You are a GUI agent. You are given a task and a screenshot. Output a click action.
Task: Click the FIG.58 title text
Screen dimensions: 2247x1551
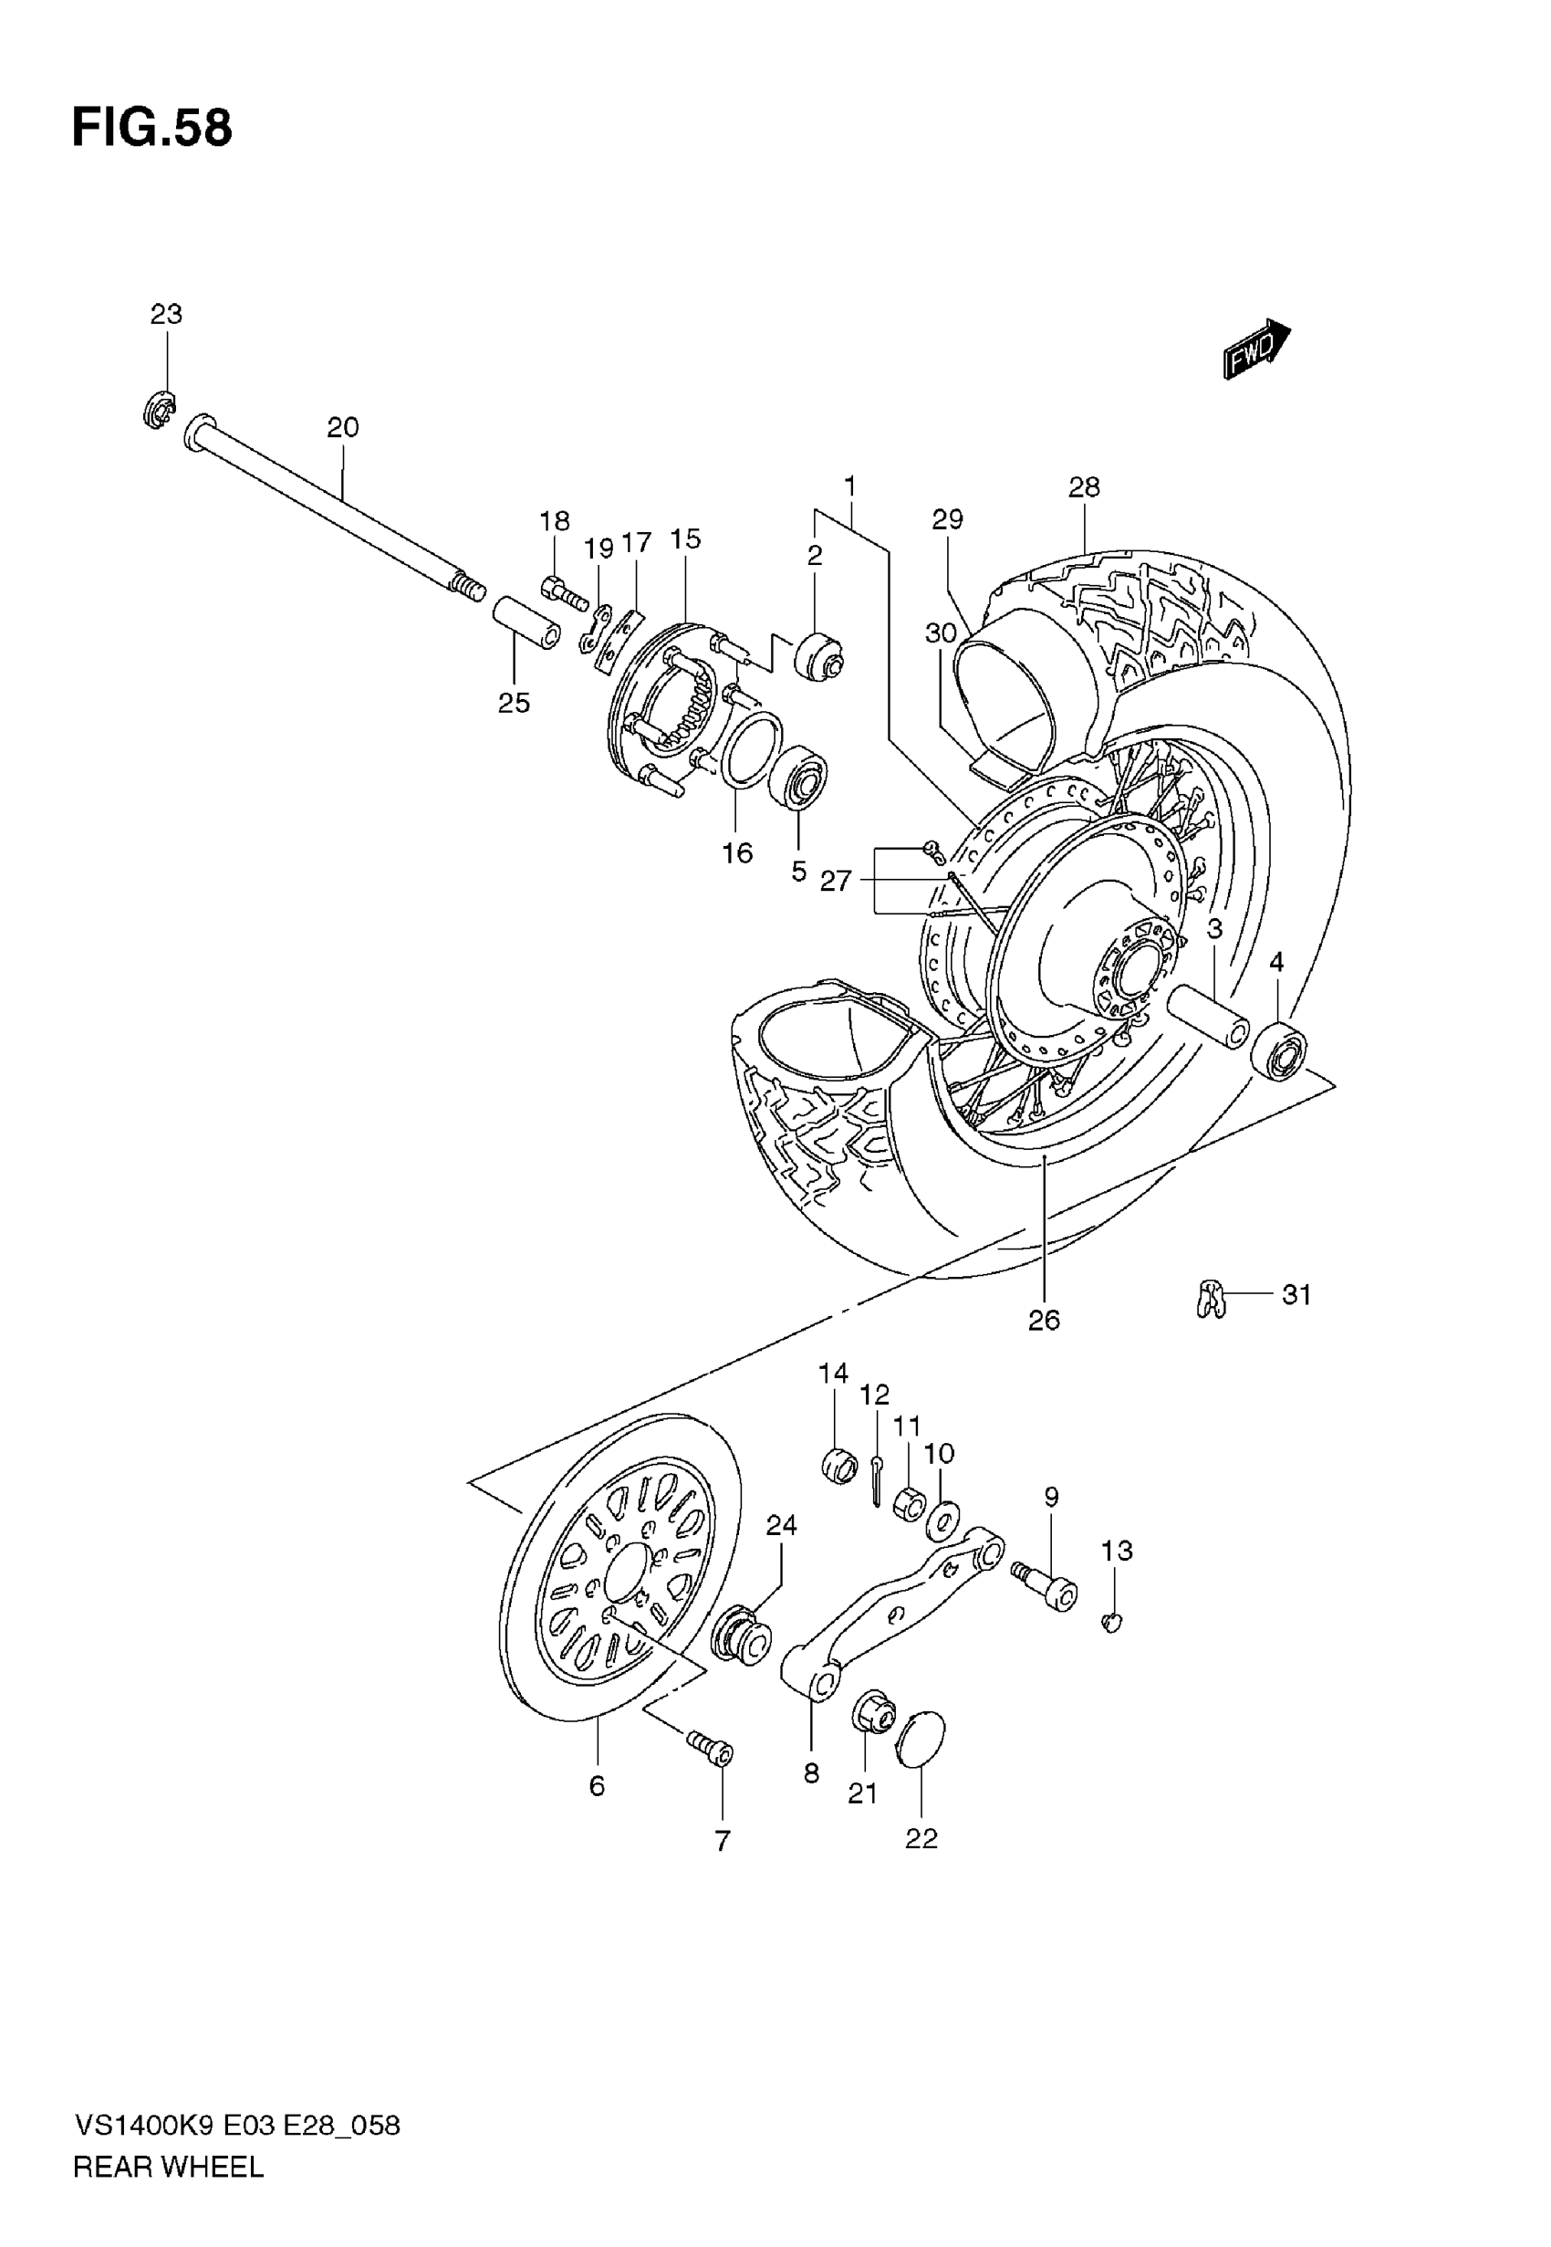pyautogui.click(x=152, y=129)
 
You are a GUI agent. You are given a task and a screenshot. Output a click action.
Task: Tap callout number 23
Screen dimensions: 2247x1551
pyautogui.click(x=166, y=315)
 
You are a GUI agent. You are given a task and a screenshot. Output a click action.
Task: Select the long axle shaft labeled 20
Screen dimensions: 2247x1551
pyautogui.click(x=330, y=507)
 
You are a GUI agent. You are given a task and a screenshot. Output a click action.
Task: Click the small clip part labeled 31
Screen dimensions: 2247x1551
pyautogui.click(x=1210, y=1299)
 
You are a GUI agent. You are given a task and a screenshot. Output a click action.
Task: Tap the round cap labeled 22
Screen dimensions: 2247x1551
pyautogui.click(x=921, y=1740)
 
